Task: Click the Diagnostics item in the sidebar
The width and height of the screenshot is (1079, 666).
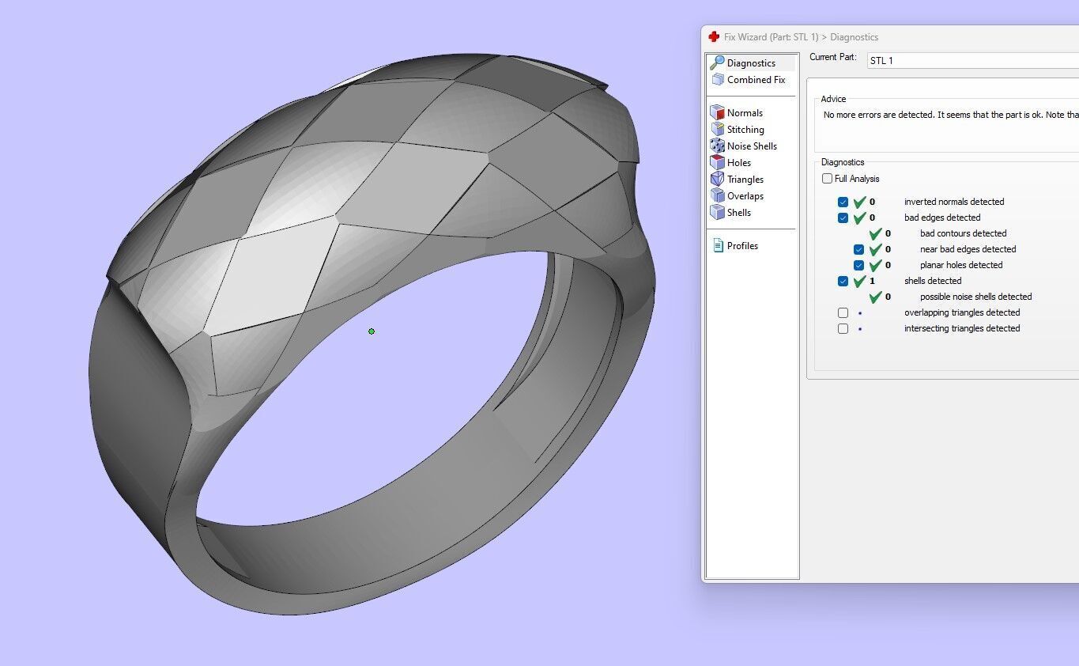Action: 750,63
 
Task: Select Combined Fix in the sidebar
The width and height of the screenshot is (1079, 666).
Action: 755,80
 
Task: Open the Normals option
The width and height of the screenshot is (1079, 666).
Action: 744,113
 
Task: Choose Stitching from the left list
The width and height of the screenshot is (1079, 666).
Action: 745,130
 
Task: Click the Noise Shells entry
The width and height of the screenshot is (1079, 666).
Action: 751,146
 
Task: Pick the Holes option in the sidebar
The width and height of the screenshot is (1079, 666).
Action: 738,163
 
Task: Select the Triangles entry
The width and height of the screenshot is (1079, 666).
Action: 745,180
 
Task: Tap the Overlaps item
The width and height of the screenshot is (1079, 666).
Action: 745,196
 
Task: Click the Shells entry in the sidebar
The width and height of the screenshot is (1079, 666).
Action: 738,213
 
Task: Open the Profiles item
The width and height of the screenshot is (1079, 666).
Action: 741,246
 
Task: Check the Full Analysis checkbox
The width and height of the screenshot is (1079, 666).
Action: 828,179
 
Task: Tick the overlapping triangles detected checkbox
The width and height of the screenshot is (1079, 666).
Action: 843,312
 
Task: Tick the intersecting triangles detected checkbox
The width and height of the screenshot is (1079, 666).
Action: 843,328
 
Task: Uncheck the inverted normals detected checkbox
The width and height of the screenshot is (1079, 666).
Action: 843,202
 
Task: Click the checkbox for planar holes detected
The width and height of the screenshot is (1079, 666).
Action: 859,265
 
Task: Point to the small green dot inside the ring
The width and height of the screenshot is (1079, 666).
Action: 372,331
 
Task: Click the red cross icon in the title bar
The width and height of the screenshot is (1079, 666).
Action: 714,37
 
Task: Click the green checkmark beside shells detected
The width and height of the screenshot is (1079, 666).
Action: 860,281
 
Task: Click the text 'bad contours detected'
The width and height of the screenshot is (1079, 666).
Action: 963,233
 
